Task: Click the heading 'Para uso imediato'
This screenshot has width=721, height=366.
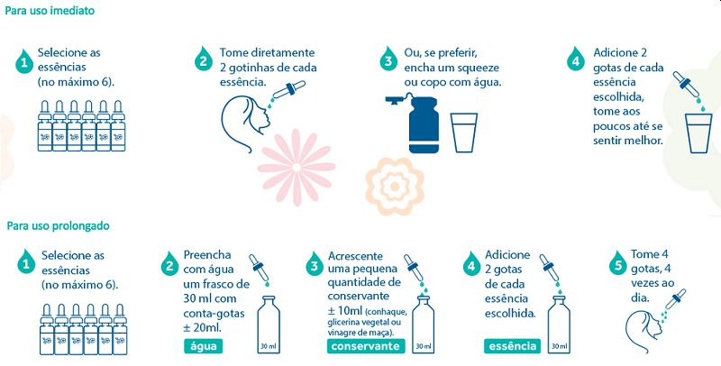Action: point(50,11)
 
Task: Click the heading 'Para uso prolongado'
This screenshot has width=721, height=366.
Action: point(58,225)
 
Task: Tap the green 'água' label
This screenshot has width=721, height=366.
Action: point(204,346)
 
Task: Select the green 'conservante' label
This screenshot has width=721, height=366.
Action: point(366,346)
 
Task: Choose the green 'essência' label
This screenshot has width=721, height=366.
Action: point(512,346)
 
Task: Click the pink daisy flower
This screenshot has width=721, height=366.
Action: point(297,168)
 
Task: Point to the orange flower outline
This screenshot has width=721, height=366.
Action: point(395,187)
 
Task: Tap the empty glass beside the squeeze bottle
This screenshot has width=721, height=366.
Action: point(464,133)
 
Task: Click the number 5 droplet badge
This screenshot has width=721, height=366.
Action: point(617,264)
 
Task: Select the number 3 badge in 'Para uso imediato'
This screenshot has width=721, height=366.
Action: point(388,59)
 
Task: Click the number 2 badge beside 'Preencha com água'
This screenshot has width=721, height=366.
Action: point(169,264)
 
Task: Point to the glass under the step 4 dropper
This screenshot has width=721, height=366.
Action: point(698,133)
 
